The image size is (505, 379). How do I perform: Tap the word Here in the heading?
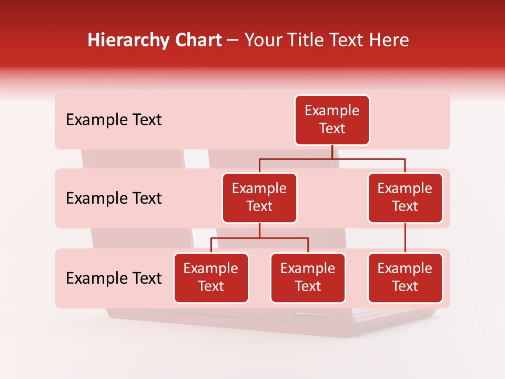[x=389, y=40]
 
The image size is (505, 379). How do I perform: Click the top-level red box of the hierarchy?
[x=332, y=119]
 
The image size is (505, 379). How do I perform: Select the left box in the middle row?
[x=259, y=197]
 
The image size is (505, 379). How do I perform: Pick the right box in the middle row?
[x=405, y=197]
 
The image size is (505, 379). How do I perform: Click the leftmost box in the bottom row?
[x=211, y=277]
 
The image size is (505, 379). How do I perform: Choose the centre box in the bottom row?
[x=308, y=277]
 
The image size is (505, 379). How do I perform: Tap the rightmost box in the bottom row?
[x=405, y=277]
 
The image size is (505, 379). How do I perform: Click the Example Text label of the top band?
[x=114, y=120]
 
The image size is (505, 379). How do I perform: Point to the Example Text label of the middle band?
[x=114, y=198]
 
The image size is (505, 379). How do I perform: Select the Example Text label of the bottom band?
[x=114, y=278]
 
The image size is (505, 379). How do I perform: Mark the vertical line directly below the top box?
[x=332, y=152]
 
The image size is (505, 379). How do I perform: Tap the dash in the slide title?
[x=233, y=41]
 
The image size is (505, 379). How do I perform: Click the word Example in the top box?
[x=332, y=111]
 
